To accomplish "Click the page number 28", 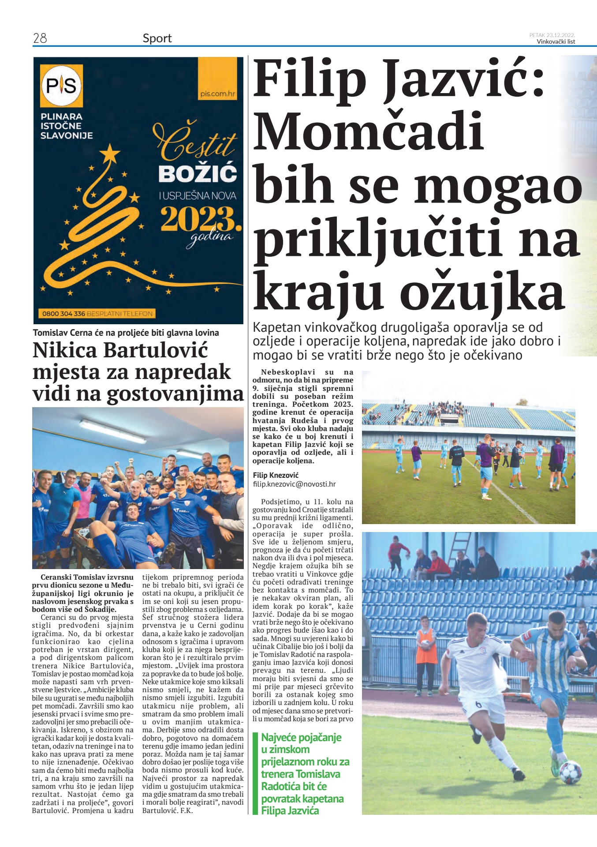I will point(40,38).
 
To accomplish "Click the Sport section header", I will point(157,38).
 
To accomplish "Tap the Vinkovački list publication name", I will point(556,42).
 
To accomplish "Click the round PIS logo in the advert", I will point(61,86).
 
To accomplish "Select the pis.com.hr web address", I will point(217,94).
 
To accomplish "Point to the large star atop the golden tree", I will point(110,154).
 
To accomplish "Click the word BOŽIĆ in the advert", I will point(198,174).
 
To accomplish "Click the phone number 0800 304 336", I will point(63,314).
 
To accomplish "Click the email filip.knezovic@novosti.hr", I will point(294,484).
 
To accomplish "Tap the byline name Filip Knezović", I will point(276,475).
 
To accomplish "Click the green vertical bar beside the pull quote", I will point(255,772).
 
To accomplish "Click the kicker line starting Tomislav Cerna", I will point(126,333).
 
